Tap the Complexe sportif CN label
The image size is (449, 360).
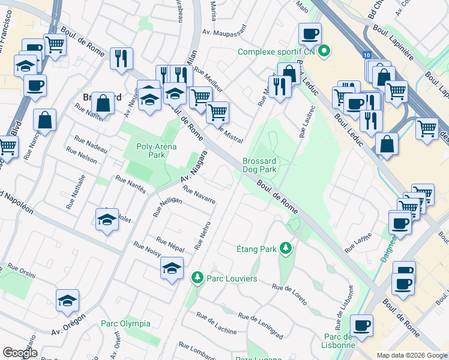coord(277,52)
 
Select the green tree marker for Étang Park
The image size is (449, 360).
coord(287,248)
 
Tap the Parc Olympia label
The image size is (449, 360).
coord(125,323)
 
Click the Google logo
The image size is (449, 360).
coord(20,353)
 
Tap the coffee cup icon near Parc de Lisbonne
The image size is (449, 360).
coord(361,326)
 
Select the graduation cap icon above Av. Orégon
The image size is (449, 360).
coord(68,301)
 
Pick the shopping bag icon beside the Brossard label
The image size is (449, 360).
coord(103,103)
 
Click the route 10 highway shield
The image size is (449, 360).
coord(366,55)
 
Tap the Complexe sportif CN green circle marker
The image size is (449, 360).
coord(325,52)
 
